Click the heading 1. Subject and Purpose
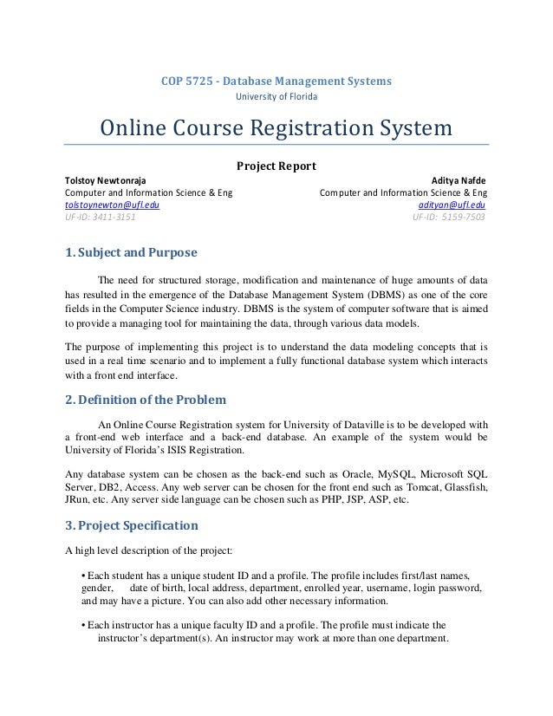tap(132, 253)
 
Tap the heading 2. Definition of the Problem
tap(146, 400)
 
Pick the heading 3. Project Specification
tap(132, 525)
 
